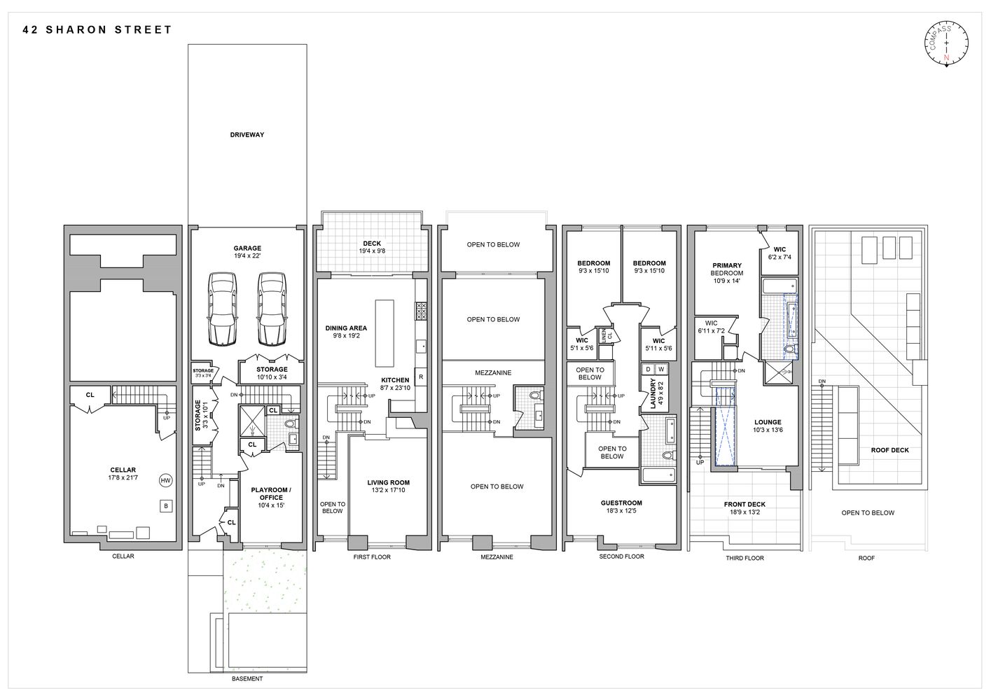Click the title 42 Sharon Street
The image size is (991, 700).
tap(97, 30)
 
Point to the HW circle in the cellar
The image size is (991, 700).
tap(166, 480)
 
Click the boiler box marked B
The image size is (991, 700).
tap(167, 505)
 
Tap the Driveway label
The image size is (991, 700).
tap(247, 134)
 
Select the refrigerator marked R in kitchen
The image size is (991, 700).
tap(421, 377)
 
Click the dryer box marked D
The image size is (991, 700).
tap(648, 369)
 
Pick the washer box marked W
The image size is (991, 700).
tap(660, 369)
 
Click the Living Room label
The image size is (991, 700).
tap(389, 482)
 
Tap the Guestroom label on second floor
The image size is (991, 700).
tap(621, 503)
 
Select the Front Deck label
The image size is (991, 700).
tap(744, 504)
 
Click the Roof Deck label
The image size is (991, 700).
tap(889, 450)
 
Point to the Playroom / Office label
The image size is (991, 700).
tap(271, 493)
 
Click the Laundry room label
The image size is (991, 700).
tap(653, 393)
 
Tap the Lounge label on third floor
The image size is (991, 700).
tap(768, 422)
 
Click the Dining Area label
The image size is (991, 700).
tap(346, 328)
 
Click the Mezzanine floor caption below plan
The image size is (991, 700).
tap(497, 557)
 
